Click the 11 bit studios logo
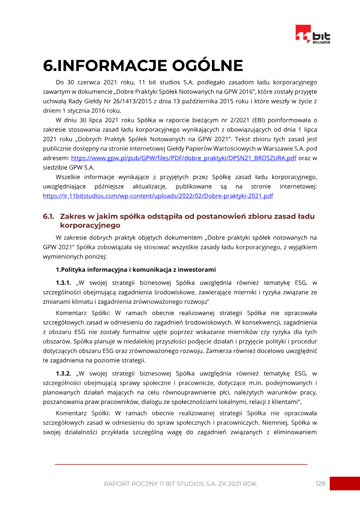313,35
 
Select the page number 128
320,483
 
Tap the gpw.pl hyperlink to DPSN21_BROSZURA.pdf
184,158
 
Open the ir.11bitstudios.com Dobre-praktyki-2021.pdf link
158,196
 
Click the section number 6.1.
49,216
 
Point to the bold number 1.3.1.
63,283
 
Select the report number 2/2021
229,121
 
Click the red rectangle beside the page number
344,483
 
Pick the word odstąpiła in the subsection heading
164,216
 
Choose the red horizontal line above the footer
181,464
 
